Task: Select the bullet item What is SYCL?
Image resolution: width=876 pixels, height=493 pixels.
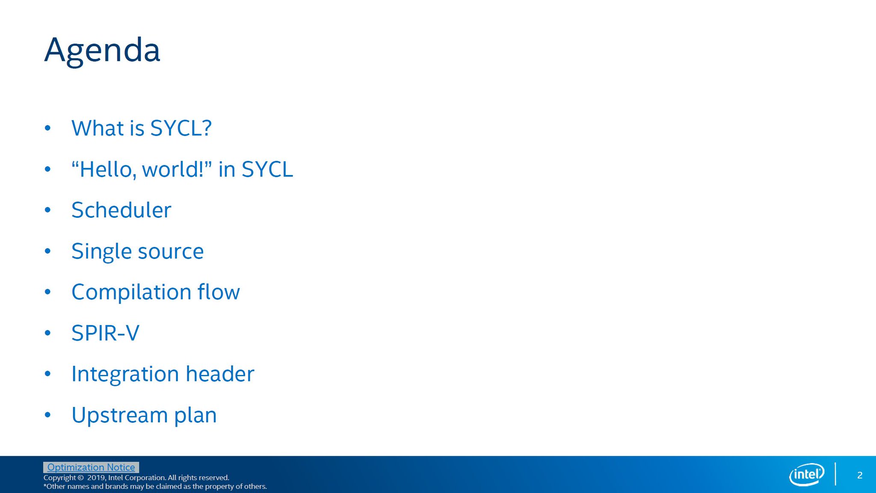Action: tap(141, 128)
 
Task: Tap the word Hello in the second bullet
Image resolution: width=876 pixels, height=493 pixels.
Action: tap(105, 169)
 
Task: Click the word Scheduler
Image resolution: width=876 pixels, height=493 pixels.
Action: tap(121, 210)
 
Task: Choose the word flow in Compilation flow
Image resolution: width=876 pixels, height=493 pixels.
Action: tap(219, 292)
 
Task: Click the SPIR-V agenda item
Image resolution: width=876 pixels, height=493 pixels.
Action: tap(105, 333)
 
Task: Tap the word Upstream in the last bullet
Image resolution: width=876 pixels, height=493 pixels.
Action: tap(119, 415)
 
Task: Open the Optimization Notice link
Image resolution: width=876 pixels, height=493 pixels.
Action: tap(91, 467)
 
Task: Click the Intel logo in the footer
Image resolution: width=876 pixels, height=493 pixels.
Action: tap(807, 475)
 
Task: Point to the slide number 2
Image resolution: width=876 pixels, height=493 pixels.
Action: tap(860, 475)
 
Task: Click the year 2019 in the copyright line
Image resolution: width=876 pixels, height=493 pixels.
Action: tap(96, 478)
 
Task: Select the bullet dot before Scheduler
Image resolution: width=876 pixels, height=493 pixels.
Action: tap(47, 210)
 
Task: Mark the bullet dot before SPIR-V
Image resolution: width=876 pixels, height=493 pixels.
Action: tap(47, 333)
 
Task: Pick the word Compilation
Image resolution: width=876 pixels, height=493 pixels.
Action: tap(131, 292)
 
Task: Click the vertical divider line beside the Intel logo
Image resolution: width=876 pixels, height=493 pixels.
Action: tap(835, 474)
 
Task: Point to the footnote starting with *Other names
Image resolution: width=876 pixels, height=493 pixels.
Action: tap(155, 487)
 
